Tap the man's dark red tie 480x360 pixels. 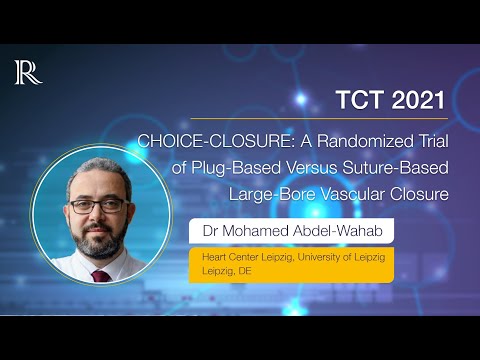coord(101,275)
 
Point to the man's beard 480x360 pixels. coord(99,240)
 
